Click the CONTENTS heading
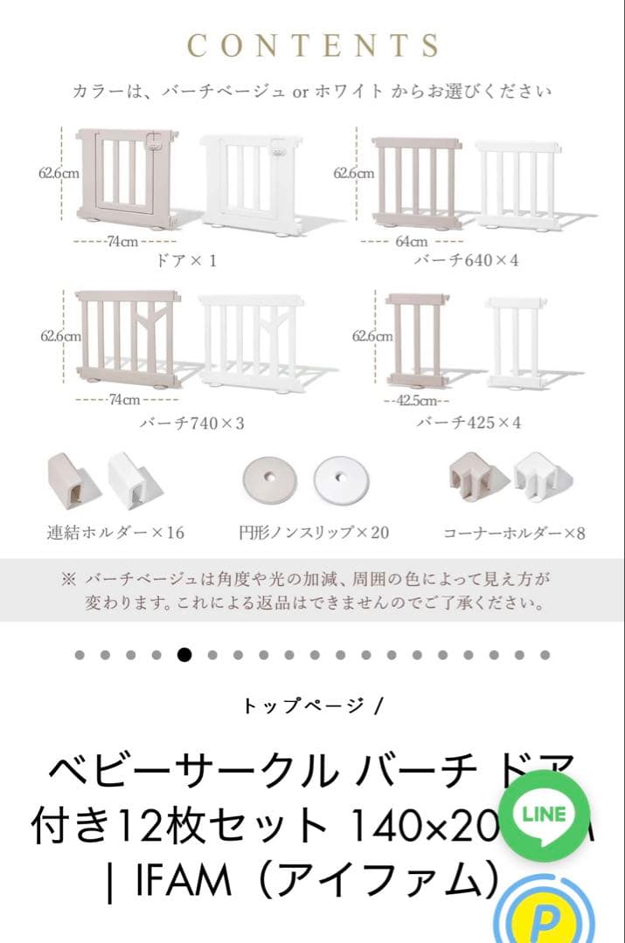(x=313, y=45)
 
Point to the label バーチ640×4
(x=466, y=260)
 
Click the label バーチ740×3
(x=191, y=423)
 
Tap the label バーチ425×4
(x=469, y=423)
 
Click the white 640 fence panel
(x=518, y=183)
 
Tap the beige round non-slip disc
(x=268, y=478)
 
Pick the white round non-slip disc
(x=340, y=478)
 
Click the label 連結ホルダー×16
(x=115, y=532)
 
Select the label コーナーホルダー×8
(x=514, y=532)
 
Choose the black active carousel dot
(x=184, y=655)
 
